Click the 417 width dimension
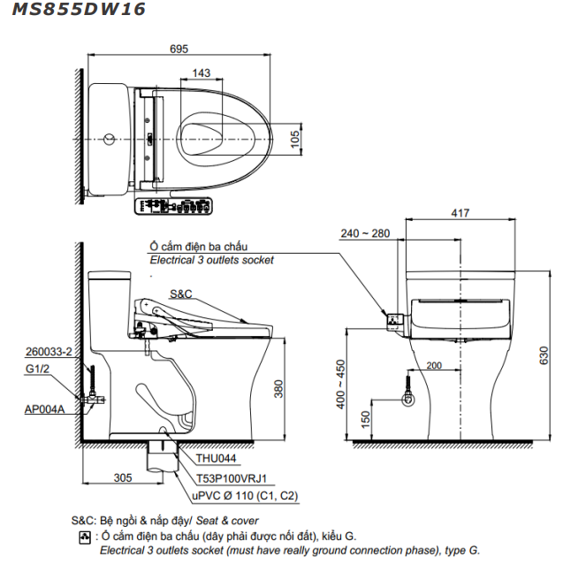click(460, 212)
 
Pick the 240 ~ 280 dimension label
click(365, 233)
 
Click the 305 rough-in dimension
click(123, 477)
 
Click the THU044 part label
click(217, 458)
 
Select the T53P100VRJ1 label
click(232, 477)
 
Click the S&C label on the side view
click(180, 293)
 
